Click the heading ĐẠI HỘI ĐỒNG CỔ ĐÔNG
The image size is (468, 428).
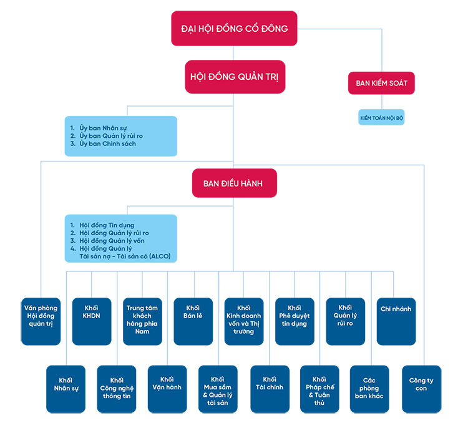pos(234,29)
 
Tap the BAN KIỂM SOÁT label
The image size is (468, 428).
pos(381,83)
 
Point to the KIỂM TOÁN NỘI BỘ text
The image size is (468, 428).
pos(381,117)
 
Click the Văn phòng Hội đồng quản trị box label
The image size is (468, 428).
pos(41,316)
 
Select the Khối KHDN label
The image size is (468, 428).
pos(92,312)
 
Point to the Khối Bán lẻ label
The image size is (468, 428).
pos(193,312)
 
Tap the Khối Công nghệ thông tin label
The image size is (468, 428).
pos(117,388)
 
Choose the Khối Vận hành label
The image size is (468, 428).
pos(167,383)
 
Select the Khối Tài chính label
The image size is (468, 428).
pos(270,383)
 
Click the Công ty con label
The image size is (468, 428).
pos(421,384)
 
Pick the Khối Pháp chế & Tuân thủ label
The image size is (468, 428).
pos(319,391)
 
